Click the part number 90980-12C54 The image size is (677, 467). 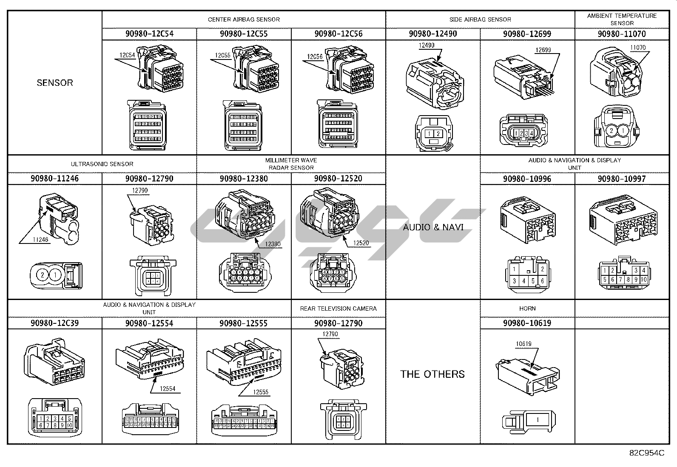pos(149,34)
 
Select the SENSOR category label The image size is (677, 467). pos(55,83)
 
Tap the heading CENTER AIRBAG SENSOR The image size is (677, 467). pos(244,20)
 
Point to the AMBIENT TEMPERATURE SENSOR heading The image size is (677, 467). pos(622,19)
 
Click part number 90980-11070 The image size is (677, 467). pos(622,34)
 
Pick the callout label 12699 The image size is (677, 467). pos(543,50)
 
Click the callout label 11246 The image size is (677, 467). pos(40,240)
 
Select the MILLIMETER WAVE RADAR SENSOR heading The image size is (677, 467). pos(291,164)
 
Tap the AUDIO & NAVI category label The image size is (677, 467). pos(433,227)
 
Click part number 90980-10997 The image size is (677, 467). pos(622,179)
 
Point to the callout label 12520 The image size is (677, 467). pos(361,243)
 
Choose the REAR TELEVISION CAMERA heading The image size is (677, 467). pos(338,309)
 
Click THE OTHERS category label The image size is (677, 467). pos(432,374)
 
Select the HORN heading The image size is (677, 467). pos(527,309)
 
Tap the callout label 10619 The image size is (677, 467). pos(523,344)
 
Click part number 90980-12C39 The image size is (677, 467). pos(55,323)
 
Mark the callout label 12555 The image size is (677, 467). pos(261,392)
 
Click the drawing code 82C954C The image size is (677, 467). pos(646,453)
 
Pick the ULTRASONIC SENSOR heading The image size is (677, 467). pos(102,164)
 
